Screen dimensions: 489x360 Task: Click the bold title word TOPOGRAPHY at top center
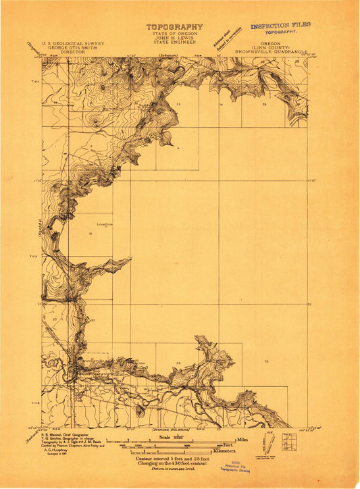174,27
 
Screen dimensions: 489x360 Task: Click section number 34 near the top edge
221,105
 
